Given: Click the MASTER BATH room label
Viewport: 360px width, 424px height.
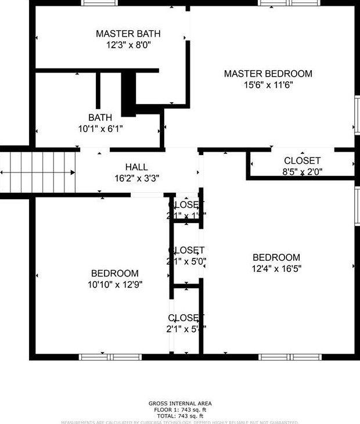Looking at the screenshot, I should (x=128, y=34).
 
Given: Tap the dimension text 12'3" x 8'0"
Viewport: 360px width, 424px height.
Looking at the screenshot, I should (x=128, y=44).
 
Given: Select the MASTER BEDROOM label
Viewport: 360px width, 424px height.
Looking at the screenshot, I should (x=268, y=74).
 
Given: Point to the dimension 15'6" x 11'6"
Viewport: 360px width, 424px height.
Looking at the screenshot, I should (x=268, y=85).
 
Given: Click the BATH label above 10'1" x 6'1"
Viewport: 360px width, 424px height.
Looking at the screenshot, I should (x=100, y=117).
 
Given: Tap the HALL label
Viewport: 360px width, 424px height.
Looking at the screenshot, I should (x=136, y=167).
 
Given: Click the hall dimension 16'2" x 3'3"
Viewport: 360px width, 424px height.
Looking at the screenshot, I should (x=136, y=178).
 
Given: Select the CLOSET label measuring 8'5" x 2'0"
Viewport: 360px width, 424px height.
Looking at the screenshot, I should (x=302, y=161).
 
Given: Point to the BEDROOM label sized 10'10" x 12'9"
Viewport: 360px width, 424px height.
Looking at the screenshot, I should (x=114, y=274).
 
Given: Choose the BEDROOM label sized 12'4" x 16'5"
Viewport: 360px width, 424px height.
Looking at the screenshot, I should (x=276, y=258).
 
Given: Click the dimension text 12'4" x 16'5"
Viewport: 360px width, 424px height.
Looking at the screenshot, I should (x=276, y=269).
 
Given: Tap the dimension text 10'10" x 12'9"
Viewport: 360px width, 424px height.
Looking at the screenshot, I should (x=114, y=285).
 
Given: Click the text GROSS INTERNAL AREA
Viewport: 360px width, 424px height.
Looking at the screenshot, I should (x=180, y=403).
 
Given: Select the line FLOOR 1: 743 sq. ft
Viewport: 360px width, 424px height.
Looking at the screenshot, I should (x=180, y=409).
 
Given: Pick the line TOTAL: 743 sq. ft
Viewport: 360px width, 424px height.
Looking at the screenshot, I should (x=180, y=416).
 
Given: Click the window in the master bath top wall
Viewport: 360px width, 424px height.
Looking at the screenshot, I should (x=99, y=3).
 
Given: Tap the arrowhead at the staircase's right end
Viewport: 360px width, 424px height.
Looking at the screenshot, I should (x=73, y=173).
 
